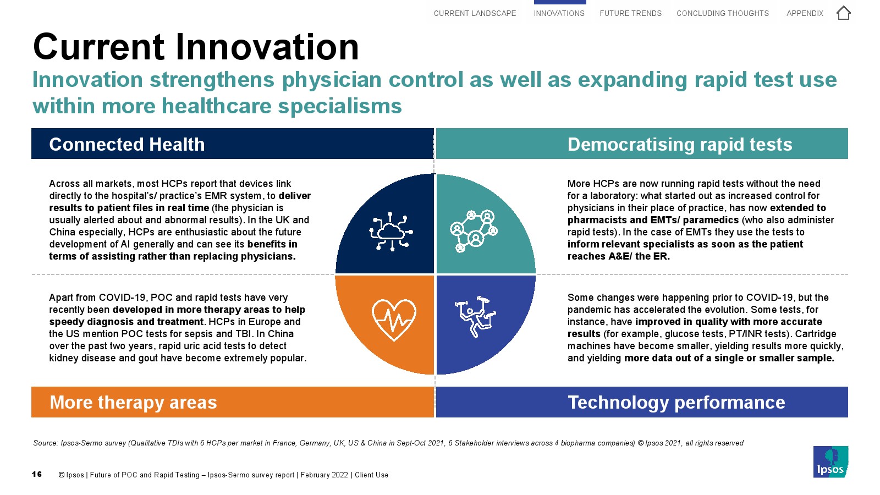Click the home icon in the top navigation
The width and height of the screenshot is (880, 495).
pyautogui.click(x=843, y=13)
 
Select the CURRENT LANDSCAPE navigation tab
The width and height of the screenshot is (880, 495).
pyautogui.click(x=475, y=13)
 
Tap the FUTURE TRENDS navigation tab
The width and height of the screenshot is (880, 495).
pyautogui.click(x=630, y=13)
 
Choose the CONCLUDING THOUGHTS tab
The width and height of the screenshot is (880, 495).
pyautogui.click(x=723, y=13)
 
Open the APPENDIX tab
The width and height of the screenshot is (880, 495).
pyautogui.click(x=805, y=13)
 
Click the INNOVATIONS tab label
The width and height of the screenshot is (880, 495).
pyautogui.click(x=559, y=13)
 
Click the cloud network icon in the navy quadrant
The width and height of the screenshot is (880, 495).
pyautogui.click(x=391, y=232)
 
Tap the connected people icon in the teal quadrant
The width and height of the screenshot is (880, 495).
pyautogui.click(x=474, y=231)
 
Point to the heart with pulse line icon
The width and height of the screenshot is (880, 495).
pyautogui.click(x=394, y=320)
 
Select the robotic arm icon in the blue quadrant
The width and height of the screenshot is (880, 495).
pyautogui.click(x=475, y=316)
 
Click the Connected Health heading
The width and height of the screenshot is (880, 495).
pyautogui.click(x=127, y=144)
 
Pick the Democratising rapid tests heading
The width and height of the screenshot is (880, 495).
pyautogui.click(x=680, y=144)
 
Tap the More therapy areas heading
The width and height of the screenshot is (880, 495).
pyautogui.click(x=133, y=402)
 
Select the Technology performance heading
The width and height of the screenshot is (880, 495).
pyautogui.click(x=676, y=402)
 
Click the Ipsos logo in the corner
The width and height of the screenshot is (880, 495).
pyautogui.click(x=831, y=461)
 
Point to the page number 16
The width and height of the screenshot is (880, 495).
pyautogui.click(x=36, y=475)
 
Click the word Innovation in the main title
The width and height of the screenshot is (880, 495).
pyautogui.click(x=267, y=47)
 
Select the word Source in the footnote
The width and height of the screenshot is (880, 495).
pyautogui.click(x=45, y=443)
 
